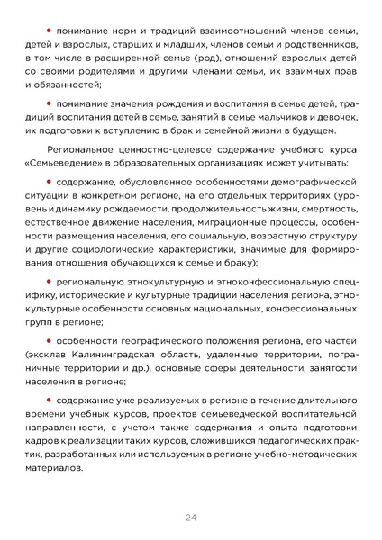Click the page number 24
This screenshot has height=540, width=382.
191,517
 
